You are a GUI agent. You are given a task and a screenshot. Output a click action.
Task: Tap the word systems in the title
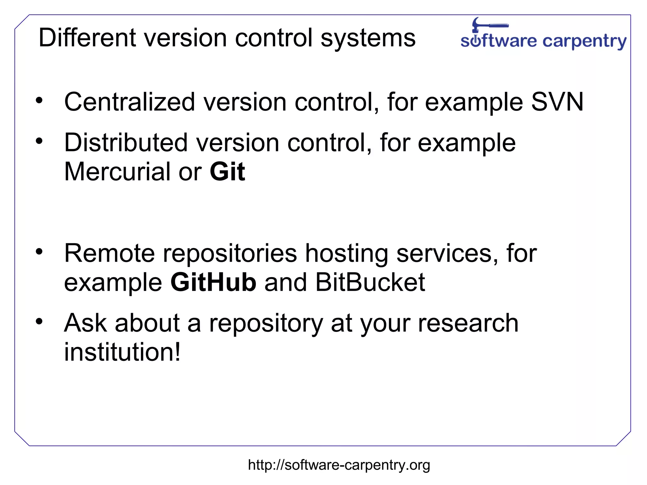[368, 39]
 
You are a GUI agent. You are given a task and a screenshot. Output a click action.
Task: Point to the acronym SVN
[557, 102]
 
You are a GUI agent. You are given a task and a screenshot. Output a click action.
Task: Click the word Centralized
[130, 102]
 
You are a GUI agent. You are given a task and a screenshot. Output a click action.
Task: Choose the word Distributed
[126, 142]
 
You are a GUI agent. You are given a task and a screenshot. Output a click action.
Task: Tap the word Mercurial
[117, 172]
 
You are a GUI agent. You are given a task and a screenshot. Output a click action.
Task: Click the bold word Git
[227, 172]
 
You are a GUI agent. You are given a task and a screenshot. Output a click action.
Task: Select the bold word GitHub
[214, 282]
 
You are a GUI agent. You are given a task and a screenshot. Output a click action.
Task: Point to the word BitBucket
[370, 282]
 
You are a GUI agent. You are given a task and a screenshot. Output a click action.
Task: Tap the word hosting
[346, 254]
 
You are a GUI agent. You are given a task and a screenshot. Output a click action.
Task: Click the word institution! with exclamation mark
[122, 352]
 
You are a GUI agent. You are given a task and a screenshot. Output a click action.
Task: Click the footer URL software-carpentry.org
[339, 465]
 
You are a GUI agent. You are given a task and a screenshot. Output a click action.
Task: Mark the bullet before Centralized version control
[39, 101]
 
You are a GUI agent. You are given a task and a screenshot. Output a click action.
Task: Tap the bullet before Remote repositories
[39, 252]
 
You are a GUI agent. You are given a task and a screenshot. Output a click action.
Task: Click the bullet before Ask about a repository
[39, 322]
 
